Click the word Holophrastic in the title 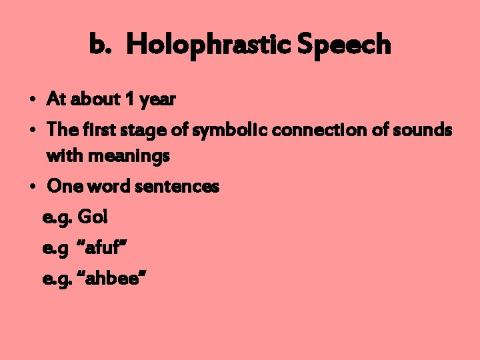click(209, 45)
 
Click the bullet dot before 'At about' click(32, 101)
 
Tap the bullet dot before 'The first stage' click(32, 131)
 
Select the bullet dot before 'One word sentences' click(32, 188)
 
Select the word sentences click(177, 187)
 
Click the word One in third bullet click(63, 187)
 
